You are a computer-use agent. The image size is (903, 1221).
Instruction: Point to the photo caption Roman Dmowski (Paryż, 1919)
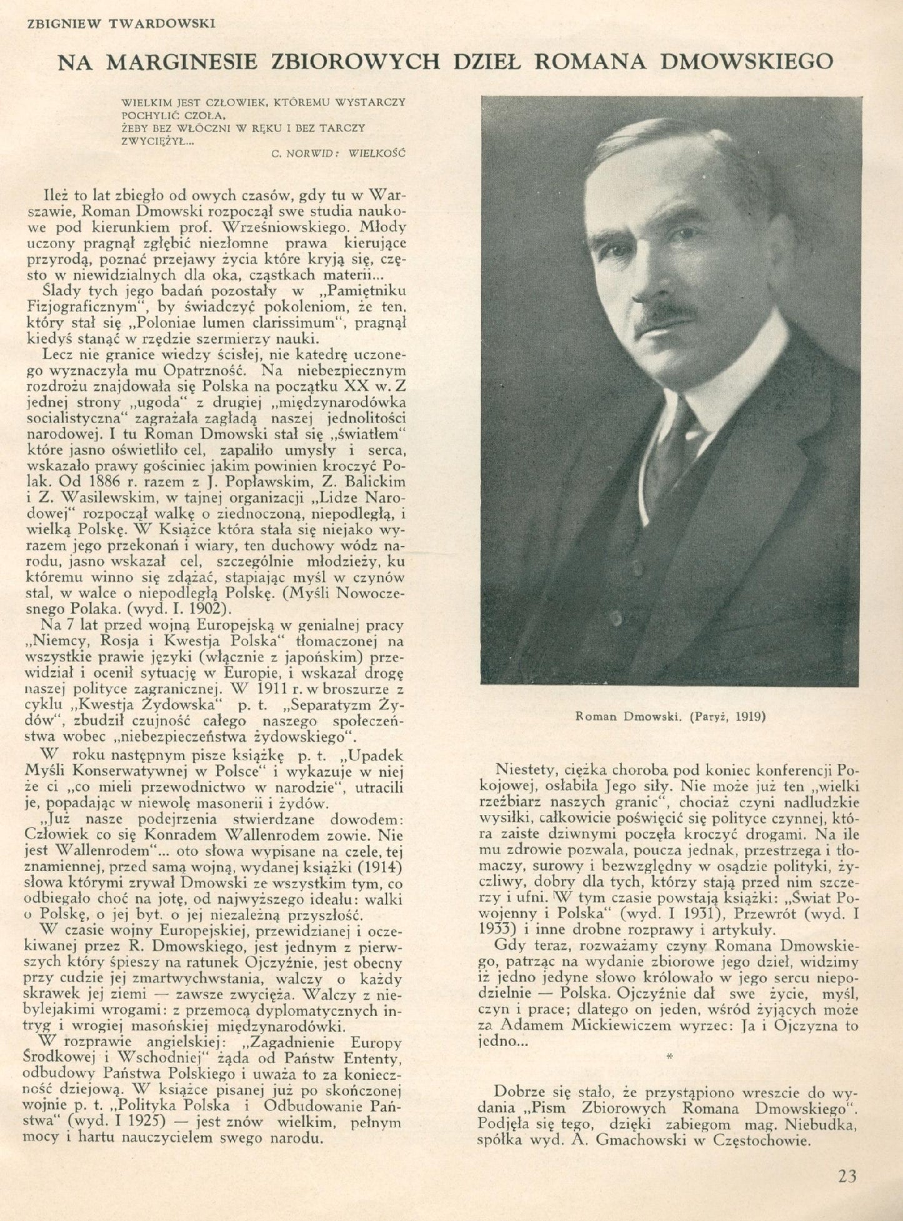tap(671, 717)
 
